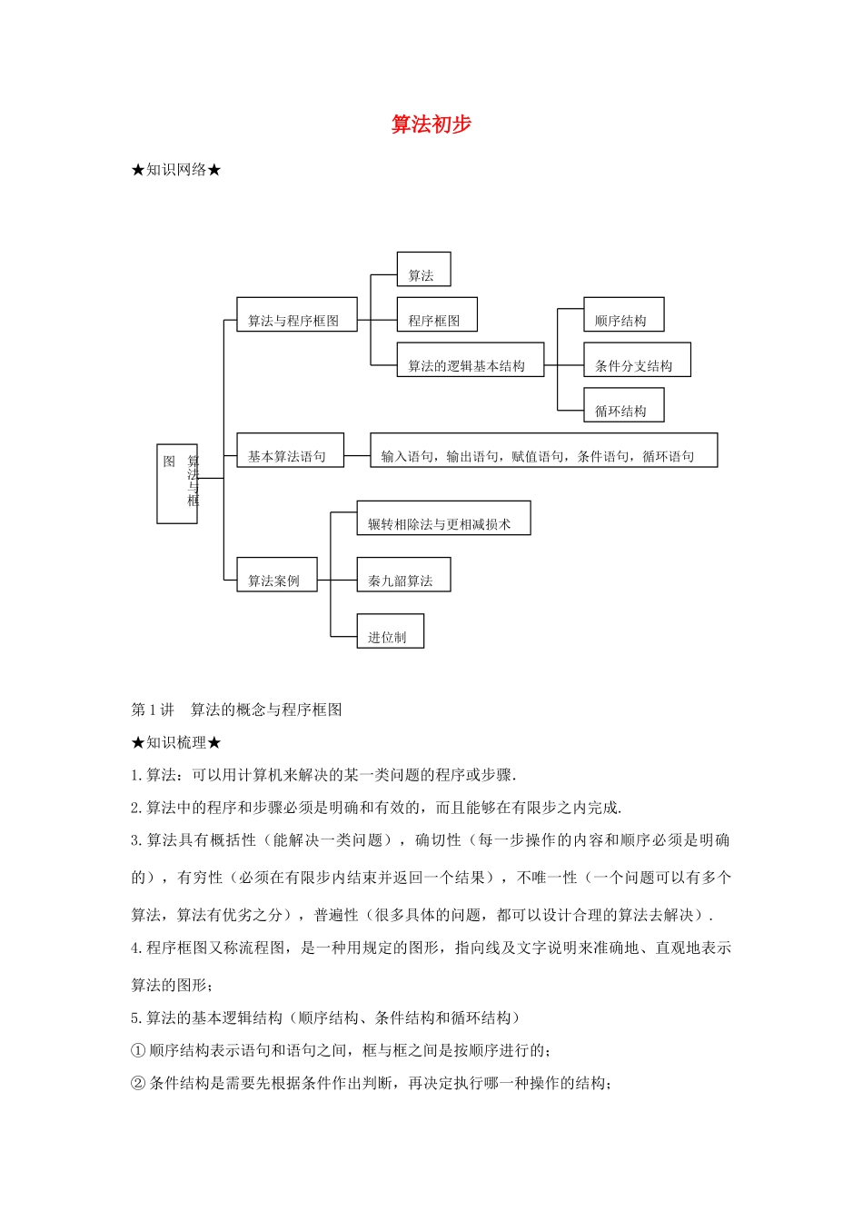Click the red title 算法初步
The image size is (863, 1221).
pos(431,124)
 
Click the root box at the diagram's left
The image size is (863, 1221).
pos(177,483)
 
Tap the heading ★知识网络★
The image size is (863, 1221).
pos(176,170)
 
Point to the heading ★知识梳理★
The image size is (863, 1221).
pos(176,742)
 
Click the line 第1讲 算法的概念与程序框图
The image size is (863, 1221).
pos(236,710)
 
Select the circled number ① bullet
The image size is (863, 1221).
pos(138,1050)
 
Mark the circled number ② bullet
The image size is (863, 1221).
pos(138,1083)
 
